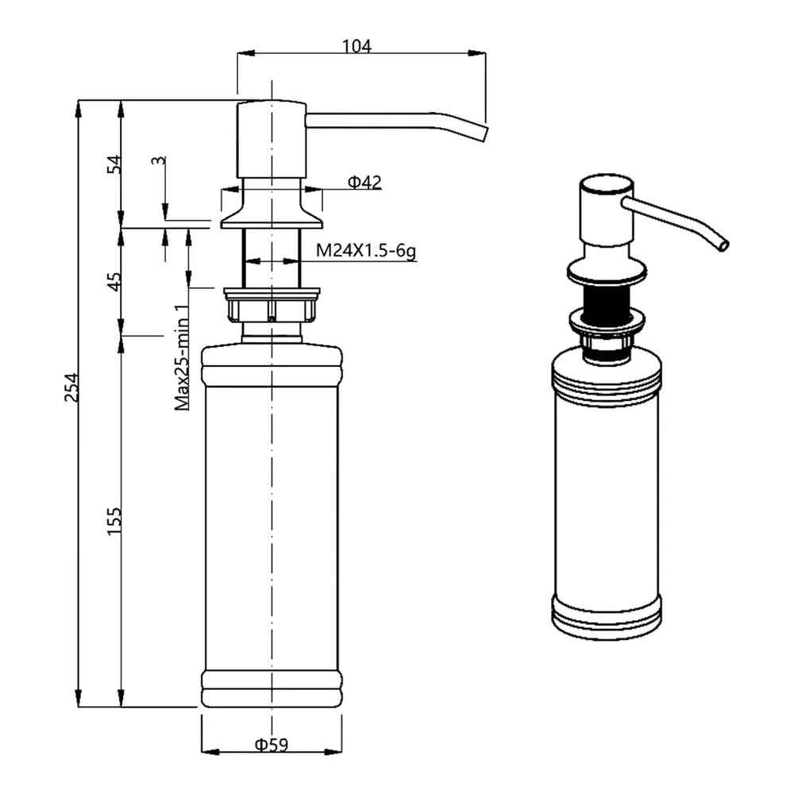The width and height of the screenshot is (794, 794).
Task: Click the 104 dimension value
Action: pos(357,47)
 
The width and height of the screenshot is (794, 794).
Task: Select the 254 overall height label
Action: pos(71,387)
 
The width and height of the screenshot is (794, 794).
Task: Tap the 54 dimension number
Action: pos(114,164)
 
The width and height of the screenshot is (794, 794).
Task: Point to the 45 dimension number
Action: pos(114,282)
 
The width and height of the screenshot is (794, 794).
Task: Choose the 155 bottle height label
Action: pos(114,522)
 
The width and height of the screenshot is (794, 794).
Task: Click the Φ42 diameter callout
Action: pos(364,182)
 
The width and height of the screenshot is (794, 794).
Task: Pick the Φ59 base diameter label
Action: pos(272,745)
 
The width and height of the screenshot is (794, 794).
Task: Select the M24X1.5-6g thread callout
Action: pos(366,250)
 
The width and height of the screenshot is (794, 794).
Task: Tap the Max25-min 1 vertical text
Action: pos(183,357)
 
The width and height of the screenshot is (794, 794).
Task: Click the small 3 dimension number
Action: pos(159,160)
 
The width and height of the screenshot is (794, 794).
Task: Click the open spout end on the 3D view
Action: pos(723,245)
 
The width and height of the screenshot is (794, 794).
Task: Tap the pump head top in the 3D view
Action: pos(606,185)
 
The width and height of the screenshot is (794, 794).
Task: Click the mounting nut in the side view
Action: pos(272,305)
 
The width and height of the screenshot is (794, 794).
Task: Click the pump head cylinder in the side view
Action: pos(272,140)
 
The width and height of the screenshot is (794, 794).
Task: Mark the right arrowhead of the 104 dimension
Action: pos(476,53)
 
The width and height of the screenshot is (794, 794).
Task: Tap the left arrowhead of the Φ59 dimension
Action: pos(210,752)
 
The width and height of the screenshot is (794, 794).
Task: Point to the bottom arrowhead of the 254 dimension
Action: pos(79,698)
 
